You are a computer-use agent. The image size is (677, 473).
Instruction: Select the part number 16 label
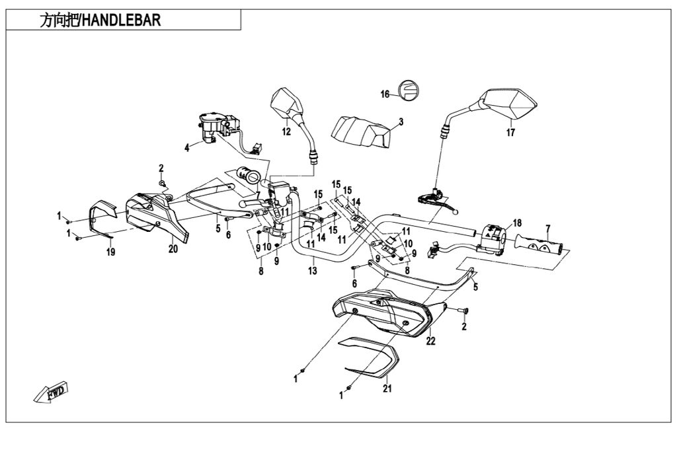coord(385,94)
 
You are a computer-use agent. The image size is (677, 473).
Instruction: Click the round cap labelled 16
coord(408,90)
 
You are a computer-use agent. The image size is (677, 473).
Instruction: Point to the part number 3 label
coord(401,122)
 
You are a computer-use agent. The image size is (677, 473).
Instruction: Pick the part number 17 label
coord(510,132)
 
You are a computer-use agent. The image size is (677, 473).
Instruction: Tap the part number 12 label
coord(286,131)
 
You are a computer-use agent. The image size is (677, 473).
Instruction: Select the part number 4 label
coord(187,148)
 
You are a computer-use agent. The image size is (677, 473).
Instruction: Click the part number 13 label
coord(313,271)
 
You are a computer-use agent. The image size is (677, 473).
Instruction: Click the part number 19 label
coord(110,252)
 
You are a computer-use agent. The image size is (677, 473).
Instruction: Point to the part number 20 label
coord(173,249)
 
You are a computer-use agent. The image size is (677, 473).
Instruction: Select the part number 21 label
coord(387,388)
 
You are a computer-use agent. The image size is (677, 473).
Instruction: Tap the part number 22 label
coord(431,341)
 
